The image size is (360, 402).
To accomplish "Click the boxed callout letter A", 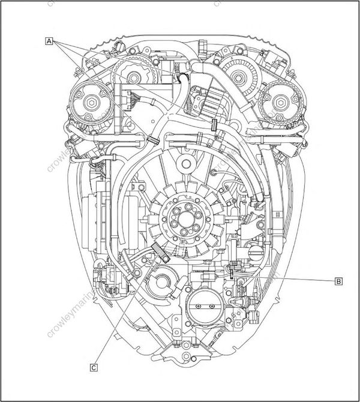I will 50,41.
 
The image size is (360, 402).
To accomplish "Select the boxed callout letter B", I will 339,280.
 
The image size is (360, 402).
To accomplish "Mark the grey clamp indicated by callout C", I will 157,249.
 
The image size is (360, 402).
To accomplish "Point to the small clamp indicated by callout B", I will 231,274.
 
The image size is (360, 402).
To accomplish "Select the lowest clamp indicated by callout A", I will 152,139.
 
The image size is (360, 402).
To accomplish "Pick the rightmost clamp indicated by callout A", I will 214,125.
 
